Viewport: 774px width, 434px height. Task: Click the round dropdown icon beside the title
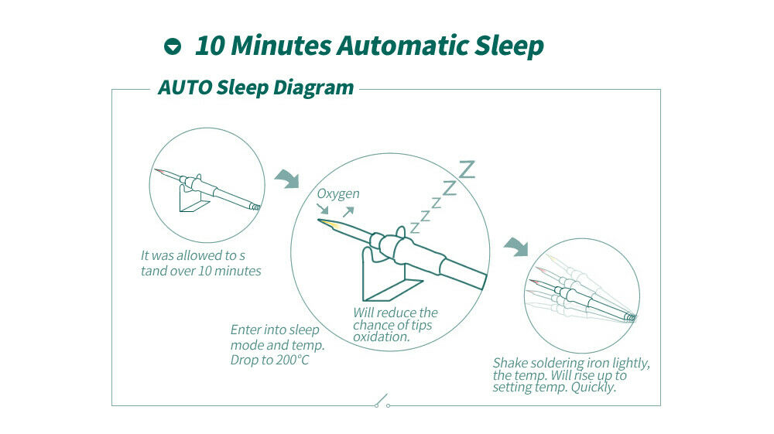click(x=173, y=46)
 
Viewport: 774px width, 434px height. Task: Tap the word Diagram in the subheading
click(x=313, y=87)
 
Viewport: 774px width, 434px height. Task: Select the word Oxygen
click(x=338, y=194)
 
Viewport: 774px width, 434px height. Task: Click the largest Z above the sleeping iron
click(x=467, y=169)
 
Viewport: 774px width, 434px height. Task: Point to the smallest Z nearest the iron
click(x=415, y=228)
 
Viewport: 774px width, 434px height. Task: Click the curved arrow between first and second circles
click(x=287, y=178)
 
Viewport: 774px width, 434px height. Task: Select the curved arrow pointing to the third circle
click(x=515, y=246)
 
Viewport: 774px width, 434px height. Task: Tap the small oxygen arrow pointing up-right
click(x=348, y=212)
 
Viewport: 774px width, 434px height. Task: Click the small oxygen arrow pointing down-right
click(x=322, y=209)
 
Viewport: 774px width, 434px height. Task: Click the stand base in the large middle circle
click(x=393, y=290)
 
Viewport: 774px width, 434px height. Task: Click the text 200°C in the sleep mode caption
click(x=293, y=360)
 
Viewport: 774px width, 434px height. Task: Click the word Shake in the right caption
click(x=510, y=363)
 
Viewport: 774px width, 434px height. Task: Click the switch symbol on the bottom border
click(x=382, y=401)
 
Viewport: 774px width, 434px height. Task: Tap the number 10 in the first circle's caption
click(x=205, y=271)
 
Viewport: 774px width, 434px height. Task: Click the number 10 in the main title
click(x=211, y=46)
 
